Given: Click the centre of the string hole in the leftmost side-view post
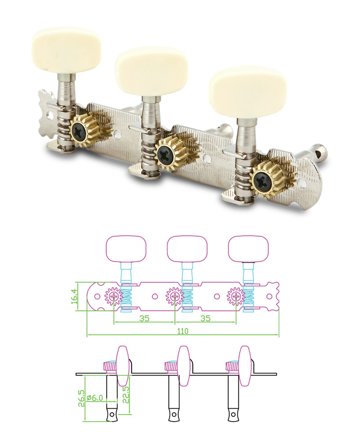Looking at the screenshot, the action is pyautogui.click(x=112, y=414).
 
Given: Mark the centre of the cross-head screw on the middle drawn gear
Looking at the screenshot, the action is pyautogui.click(x=175, y=296).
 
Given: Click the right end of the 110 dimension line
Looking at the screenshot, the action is pyautogui.click(x=279, y=335).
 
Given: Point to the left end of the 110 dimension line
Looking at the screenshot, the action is pyautogui.click(x=87, y=335).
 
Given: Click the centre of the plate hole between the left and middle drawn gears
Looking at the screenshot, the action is pyautogui.click(x=155, y=296).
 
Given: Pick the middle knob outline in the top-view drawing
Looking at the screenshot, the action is pyautogui.click(x=187, y=249).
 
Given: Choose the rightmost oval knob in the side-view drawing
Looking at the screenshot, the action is pyautogui.click(x=245, y=366).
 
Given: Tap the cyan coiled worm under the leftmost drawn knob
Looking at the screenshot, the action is pyautogui.click(x=126, y=297).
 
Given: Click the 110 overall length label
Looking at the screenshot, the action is pyautogui.click(x=183, y=331).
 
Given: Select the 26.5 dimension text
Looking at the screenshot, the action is pyautogui.click(x=81, y=398).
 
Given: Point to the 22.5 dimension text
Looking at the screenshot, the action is pyautogui.click(x=126, y=395).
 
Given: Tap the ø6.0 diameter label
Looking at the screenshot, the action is pyautogui.click(x=95, y=398).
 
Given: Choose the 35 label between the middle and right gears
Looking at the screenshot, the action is pyautogui.click(x=206, y=318).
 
